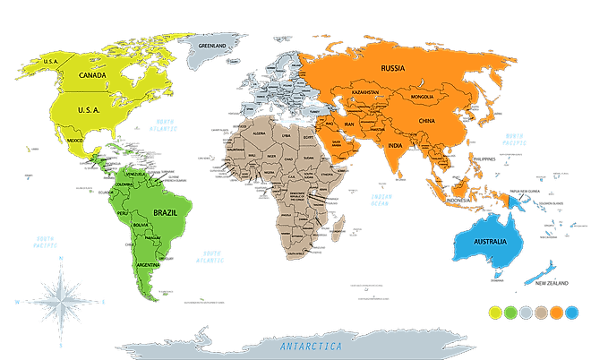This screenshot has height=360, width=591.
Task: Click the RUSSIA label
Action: (x=393, y=68)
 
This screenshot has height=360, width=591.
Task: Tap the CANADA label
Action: (x=93, y=75)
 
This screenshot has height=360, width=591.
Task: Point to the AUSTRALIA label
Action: (x=490, y=243)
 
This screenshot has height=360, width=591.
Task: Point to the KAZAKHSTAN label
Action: (x=365, y=92)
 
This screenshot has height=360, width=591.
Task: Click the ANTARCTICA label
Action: (x=310, y=346)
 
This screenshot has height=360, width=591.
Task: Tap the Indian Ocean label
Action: (x=381, y=201)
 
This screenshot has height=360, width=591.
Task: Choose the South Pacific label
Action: (x=44, y=242)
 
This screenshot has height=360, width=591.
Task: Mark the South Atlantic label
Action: (x=211, y=256)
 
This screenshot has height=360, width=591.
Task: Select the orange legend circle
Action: (x=556, y=313)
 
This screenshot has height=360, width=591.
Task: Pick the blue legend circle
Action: (x=572, y=313)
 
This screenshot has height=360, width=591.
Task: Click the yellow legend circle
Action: (x=494, y=313)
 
